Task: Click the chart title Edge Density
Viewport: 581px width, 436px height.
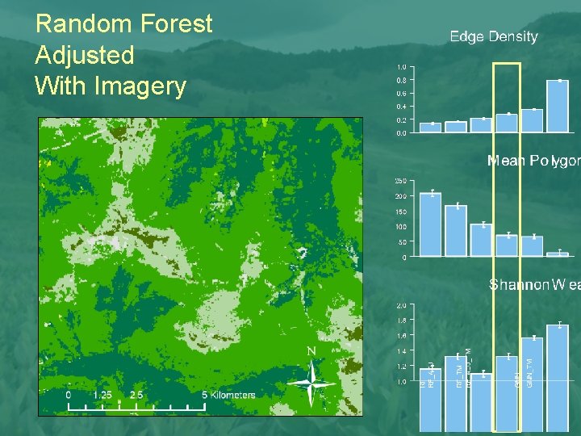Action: pyautogui.click(x=493, y=36)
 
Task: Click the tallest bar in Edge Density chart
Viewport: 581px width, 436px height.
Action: pyautogui.click(x=558, y=106)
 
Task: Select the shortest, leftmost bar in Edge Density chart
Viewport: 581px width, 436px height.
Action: pyautogui.click(x=430, y=128)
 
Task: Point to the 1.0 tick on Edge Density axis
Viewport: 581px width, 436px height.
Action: pyautogui.click(x=401, y=67)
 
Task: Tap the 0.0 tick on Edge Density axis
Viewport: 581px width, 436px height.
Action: pyautogui.click(x=401, y=133)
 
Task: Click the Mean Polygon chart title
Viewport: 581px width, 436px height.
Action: pyautogui.click(x=533, y=161)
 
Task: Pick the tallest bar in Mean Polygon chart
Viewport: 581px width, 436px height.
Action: pyautogui.click(x=430, y=224)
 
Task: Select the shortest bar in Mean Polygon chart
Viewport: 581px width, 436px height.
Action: pyautogui.click(x=558, y=254)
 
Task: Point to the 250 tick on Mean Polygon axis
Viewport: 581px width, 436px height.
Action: pyautogui.click(x=400, y=181)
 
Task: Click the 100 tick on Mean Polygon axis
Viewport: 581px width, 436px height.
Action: pyautogui.click(x=400, y=227)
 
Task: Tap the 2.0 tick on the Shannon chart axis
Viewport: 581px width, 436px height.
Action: pyautogui.click(x=401, y=306)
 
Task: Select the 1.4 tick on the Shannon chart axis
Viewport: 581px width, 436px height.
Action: pyautogui.click(x=401, y=352)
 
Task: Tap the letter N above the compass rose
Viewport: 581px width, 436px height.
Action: pyautogui.click(x=311, y=351)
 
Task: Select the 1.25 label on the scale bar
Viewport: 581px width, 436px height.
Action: pyautogui.click(x=102, y=395)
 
